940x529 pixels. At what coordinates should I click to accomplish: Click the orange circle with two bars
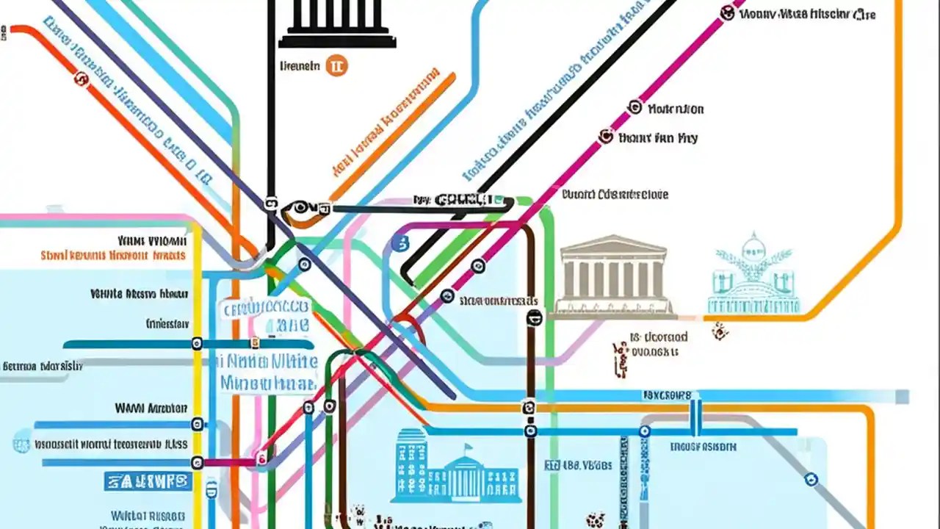[x=336, y=65]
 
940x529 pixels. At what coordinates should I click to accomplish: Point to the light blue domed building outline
[x=753, y=276]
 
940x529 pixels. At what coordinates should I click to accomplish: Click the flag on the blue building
[x=468, y=449]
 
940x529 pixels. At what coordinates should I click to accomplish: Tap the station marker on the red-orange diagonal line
[x=80, y=79]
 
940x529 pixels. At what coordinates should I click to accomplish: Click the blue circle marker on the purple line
[x=400, y=244]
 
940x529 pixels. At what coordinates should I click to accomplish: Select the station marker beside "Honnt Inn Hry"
[x=606, y=136]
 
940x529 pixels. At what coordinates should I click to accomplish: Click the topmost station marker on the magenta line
[x=727, y=12]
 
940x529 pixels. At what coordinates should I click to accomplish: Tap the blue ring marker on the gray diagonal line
[x=811, y=480]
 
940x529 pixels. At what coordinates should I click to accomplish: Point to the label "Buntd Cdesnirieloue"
[x=615, y=195]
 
